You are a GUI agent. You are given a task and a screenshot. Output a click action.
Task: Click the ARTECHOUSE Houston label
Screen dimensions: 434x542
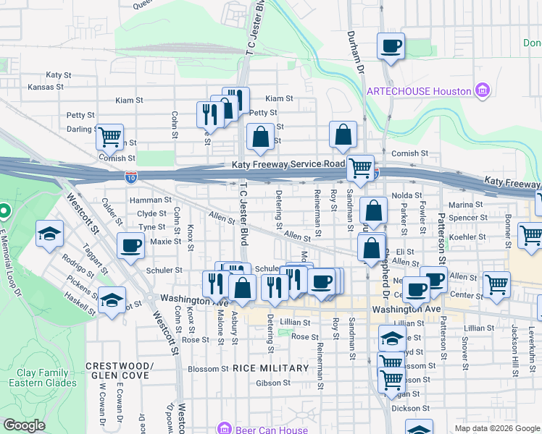418,91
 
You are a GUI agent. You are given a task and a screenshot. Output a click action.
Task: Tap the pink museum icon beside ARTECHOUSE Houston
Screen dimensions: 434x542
482,91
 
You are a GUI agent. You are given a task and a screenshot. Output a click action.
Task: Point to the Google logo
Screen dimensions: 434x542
24,425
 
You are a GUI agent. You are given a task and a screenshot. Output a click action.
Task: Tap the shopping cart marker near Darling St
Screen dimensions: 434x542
109,135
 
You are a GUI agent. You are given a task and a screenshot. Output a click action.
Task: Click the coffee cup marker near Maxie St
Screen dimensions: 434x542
130,246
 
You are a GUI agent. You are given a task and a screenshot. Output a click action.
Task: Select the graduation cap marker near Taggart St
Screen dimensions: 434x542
49,234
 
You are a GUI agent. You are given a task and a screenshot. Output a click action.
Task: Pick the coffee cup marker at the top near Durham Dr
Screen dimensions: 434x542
391,47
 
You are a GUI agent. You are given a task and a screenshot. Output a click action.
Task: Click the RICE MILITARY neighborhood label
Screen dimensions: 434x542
271,368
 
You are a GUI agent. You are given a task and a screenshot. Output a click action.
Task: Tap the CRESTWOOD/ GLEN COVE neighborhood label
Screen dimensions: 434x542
119,370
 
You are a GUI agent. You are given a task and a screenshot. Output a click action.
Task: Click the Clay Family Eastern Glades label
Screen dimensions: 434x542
46,378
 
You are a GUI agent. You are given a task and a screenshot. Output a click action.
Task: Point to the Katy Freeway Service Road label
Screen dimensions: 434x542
288,165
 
